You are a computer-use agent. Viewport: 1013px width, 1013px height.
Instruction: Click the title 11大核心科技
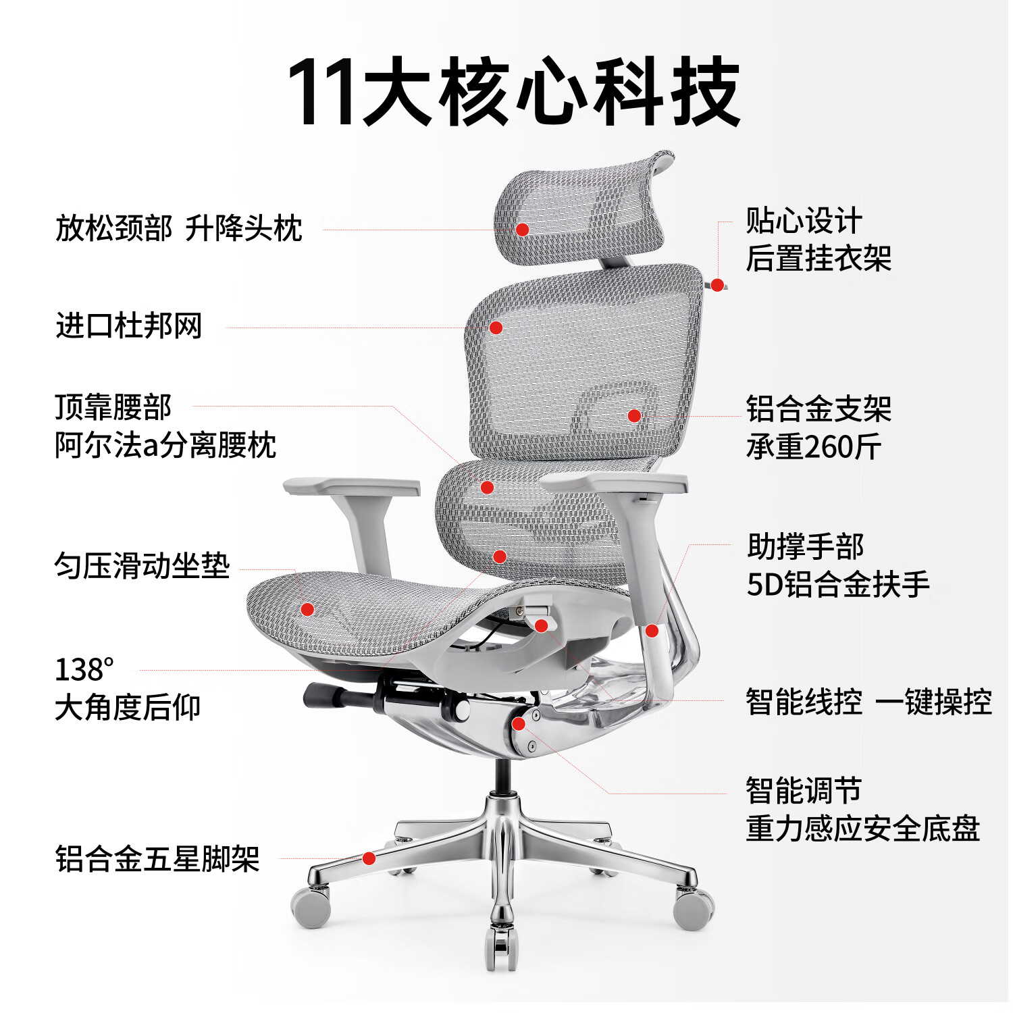pos(513,93)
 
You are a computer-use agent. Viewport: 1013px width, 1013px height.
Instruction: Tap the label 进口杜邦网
pos(128,326)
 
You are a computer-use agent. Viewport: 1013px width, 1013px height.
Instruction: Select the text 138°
pos(84,670)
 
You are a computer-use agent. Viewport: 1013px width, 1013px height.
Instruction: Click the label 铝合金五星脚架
pos(157,859)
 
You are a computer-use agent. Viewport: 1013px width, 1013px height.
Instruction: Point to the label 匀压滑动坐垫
pos(142,566)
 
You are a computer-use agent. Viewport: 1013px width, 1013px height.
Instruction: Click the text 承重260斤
pos(813,447)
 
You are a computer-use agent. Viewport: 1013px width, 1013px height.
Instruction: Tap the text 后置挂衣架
pos(818,259)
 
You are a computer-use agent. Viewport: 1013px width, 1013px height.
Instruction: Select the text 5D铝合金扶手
pos(837,584)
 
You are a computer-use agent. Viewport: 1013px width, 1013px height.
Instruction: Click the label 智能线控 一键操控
pos(868,702)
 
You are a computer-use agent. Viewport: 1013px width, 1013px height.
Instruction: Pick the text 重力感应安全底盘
pos(862,829)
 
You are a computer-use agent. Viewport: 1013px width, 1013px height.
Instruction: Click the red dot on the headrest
pos(522,230)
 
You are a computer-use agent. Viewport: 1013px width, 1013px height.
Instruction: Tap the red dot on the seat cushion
pos(307,609)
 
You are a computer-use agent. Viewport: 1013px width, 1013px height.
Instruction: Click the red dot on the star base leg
pos(369,858)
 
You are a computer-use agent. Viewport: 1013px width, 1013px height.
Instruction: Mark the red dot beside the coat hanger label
pos(717,285)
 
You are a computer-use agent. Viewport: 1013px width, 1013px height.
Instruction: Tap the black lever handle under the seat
pos(324,695)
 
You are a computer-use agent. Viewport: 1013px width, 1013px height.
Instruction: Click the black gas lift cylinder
pos(502,777)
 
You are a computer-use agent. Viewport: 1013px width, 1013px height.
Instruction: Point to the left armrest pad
pos(351,486)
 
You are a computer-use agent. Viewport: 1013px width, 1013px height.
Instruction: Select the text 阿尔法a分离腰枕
pos(165,446)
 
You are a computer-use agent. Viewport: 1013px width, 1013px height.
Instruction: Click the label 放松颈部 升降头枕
pos(178,228)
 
